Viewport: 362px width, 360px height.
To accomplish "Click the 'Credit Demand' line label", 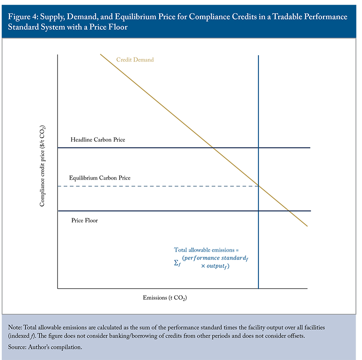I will point(135,60).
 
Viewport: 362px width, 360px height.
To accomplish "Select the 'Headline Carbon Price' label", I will point(98,140).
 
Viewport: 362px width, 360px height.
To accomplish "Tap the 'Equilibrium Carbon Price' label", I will point(100,178).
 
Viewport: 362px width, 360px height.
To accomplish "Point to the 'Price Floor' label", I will point(85,221).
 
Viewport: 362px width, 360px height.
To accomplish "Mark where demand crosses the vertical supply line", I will point(258,186).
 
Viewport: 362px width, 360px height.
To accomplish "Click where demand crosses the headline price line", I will point(212,148).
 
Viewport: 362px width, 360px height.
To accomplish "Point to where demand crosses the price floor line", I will point(289,211).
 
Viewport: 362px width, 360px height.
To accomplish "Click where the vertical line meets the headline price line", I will point(258,148).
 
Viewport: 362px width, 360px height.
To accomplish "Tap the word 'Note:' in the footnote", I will point(16,326).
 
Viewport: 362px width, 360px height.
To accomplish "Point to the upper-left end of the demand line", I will point(100,54).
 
